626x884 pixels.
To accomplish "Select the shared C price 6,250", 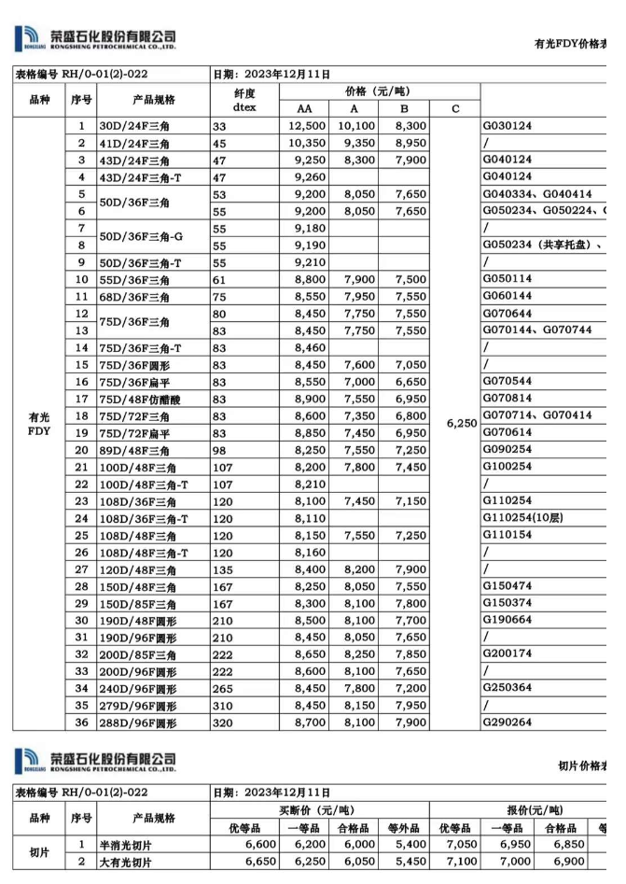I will [x=462, y=423].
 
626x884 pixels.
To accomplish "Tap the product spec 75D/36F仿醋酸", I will [x=140, y=399].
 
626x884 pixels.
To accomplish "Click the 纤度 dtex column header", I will [x=244, y=100].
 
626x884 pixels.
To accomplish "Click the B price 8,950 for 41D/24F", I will [x=410, y=143].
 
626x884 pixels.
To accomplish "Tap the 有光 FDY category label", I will [x=39, y=425].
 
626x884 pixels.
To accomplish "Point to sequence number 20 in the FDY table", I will [x=81, y=450].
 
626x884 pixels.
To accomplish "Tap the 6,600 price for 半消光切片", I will [x=258, y=846].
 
